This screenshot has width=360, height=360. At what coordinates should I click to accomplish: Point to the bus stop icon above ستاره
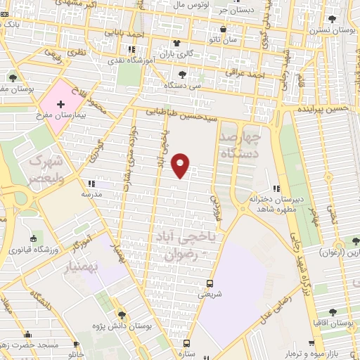pyautogui.click(x=186, y=342)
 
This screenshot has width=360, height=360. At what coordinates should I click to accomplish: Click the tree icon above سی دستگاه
pyautogui.click(x=182, y=75)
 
